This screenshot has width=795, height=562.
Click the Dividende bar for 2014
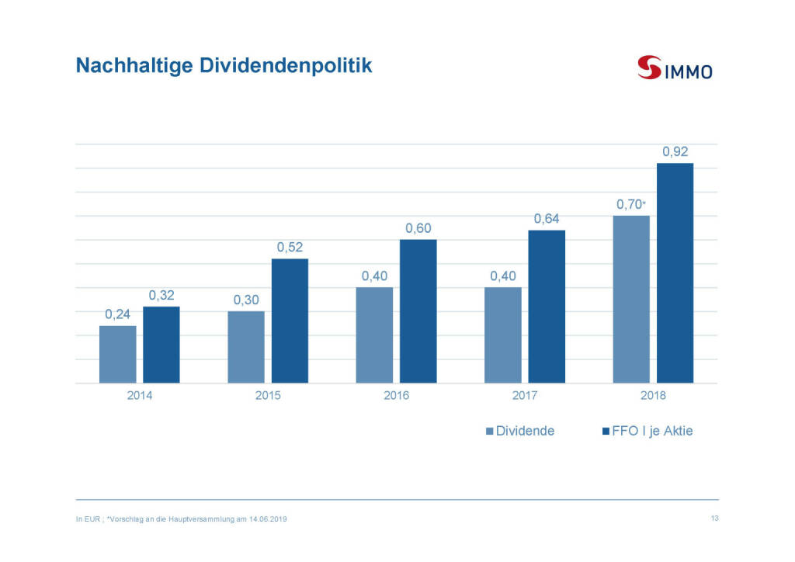(x=118, y=354)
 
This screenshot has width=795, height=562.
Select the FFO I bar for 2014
(x=161, y=345)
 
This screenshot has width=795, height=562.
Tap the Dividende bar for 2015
(x=246, y=347)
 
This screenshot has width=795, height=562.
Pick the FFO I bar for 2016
(x=418, y=311)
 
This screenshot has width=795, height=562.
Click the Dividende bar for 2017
(x=503, y=335)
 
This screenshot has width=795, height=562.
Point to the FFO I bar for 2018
(x=675, y=273)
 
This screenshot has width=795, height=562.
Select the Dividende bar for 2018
(x=631, y=299)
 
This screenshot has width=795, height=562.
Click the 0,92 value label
(x=675, y=151)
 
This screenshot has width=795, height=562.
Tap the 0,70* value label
(x=630, y=204)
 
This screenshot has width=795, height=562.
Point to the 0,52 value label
(x=290, y=247)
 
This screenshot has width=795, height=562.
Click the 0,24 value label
(x=118, y=314)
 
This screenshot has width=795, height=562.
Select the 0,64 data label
(x=547, y=219)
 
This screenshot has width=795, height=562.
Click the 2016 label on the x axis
(x=396, y=396)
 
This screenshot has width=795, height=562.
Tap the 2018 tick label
(x=653, y=396)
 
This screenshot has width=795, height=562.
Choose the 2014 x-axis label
(x=140, y=396)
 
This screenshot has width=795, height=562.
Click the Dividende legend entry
(x=519, y=431)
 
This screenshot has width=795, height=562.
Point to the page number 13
(x=714, y=519)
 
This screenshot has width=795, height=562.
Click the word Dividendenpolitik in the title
(x=286, y=66)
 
